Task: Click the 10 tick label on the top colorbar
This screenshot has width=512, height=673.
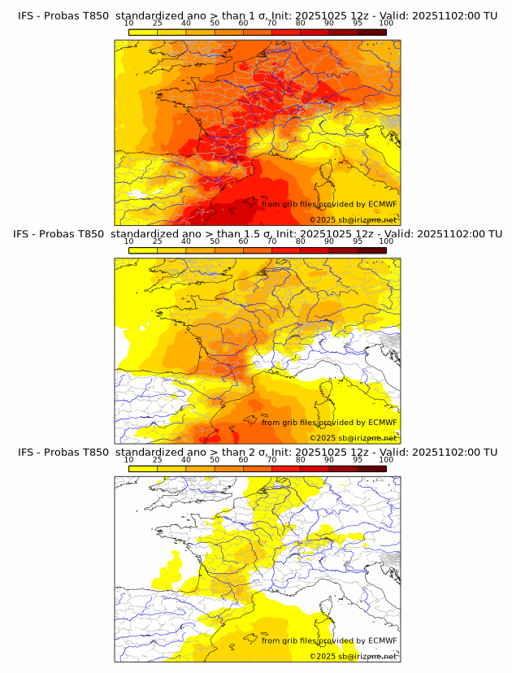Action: (x=128, y=24)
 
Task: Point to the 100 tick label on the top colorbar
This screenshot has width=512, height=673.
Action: (x=386, y=24)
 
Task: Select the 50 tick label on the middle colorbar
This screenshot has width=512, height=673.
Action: (x=215, y=241)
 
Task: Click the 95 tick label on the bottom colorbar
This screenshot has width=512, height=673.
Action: (x=358, y=460)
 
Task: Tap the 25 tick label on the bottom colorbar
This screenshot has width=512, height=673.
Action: (x=157, y=460)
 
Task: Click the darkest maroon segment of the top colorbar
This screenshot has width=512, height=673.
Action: (x=371, y=32)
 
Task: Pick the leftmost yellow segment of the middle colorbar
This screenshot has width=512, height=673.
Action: (x=142, y=250)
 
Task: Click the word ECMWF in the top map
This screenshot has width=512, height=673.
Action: (x=383, y=205)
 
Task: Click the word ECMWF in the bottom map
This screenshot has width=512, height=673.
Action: (x=383, y=640)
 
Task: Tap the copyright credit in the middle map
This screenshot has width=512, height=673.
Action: (x=354, y=438)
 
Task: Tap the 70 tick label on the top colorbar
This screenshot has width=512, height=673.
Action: (x=271, y=24)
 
